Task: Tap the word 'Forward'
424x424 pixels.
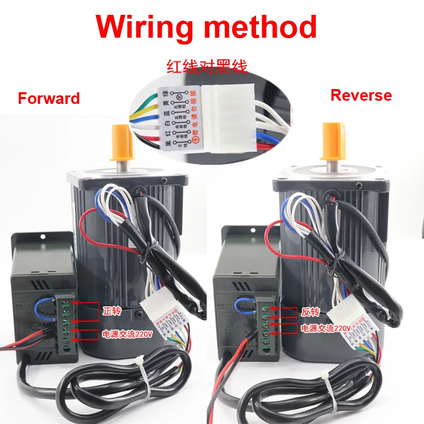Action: (49, 98)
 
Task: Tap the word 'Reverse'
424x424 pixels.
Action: (361, 95)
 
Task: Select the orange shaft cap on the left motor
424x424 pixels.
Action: (120, 142)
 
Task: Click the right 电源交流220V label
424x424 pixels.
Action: (326, 329)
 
